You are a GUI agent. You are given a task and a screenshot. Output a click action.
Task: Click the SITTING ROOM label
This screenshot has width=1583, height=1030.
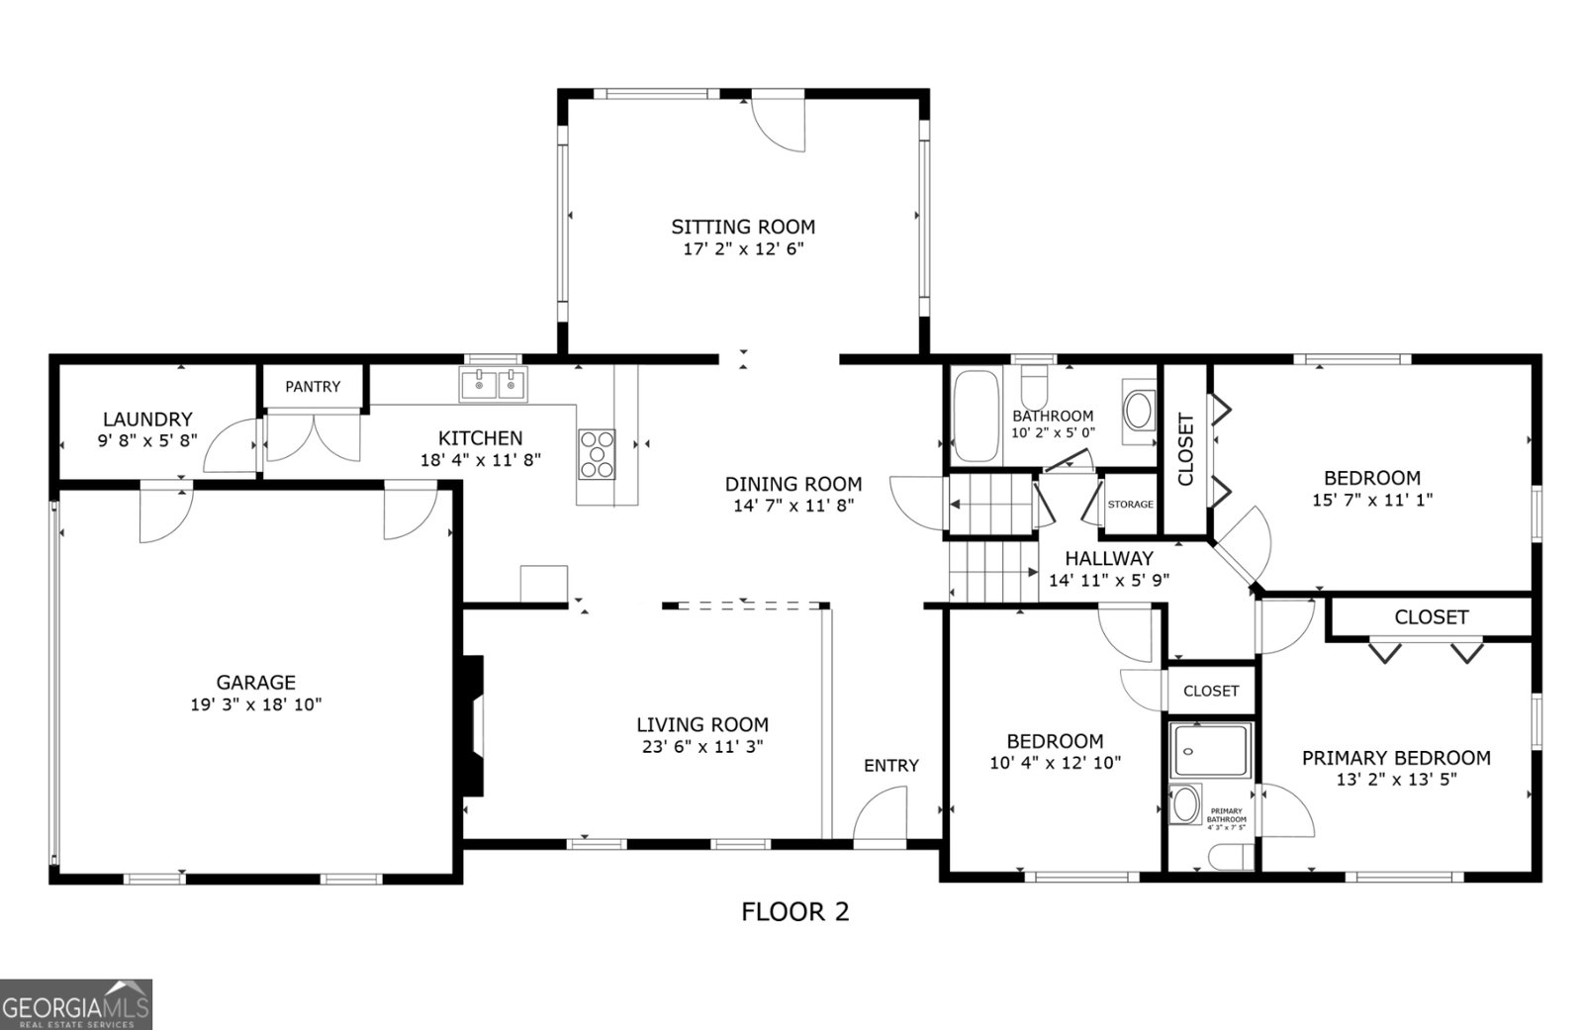pyautogui.click(x=743, y=227)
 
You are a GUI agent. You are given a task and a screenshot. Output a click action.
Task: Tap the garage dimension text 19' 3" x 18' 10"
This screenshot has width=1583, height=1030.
pyautogui.click(x=256, y=704)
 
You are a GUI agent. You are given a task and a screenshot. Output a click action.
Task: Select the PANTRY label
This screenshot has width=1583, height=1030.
pyautogui.click(x=313, y=387)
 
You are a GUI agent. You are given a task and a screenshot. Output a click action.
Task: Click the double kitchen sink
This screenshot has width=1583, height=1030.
pyautogui.click(x=494, y=384)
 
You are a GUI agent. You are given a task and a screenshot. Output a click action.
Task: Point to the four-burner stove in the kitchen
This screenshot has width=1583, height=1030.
pyautogui.click(x=597, y=454)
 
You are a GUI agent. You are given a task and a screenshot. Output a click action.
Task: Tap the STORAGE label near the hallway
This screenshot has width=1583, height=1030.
pyautogui.click(x=1130, y=505)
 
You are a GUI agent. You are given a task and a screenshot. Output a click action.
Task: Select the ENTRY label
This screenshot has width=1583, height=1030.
pyautogui.click(x=890, y=765)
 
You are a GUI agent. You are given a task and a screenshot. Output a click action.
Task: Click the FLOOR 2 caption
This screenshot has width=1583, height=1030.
pyautogui.click(x=794, y=911)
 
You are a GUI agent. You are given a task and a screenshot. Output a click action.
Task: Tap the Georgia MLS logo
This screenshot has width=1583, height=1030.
pyautogui.click(x=76, y=1003)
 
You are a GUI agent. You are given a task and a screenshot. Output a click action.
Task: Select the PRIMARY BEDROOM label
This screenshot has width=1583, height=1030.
pyautogui.click(x=1395, y=758)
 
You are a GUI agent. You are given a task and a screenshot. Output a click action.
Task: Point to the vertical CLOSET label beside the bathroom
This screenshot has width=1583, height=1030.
pyautogui.click(x=1185, y=449)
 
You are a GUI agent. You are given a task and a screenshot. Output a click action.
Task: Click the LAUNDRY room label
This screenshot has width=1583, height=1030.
pyautogui.click(x=147, y=420)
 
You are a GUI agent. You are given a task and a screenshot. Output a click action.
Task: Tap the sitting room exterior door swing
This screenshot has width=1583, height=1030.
pyautogui.click(x=779, y=124)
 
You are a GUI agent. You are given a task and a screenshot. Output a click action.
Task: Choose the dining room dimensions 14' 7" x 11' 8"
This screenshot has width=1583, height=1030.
pyautogui.click(x=792, y=506)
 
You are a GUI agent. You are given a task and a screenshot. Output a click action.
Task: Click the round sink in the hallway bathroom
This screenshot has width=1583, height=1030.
pyautogui.click(x=1140, y=411)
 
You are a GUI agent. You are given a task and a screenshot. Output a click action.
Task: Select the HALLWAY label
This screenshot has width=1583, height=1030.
pyautogui.click(x=1108, y=558)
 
